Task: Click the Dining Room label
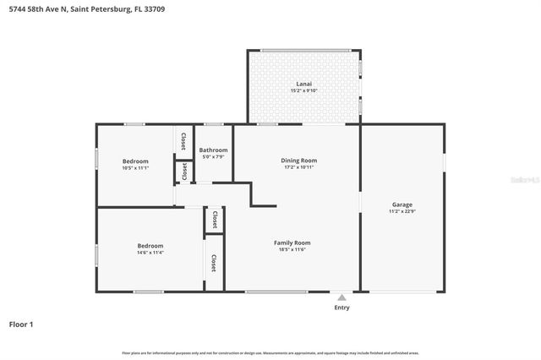(298, 160)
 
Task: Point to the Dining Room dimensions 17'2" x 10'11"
(298, 167)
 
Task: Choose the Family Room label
(292, 243)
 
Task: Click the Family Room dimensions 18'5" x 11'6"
(292, 250)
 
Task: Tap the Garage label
(402, 205)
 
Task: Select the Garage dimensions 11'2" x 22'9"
(402, 212)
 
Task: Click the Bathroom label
(213, 150)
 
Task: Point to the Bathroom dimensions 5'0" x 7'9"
(213, 156)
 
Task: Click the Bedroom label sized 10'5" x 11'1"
(135, 161)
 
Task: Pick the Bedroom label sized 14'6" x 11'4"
(150, 245)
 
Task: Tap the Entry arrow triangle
(342, 297)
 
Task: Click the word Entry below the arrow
(342, 308)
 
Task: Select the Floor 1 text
(21, 324)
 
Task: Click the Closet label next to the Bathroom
(183, 140)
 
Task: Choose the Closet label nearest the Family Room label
(214, 263)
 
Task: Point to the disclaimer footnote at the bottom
(270, 352)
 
